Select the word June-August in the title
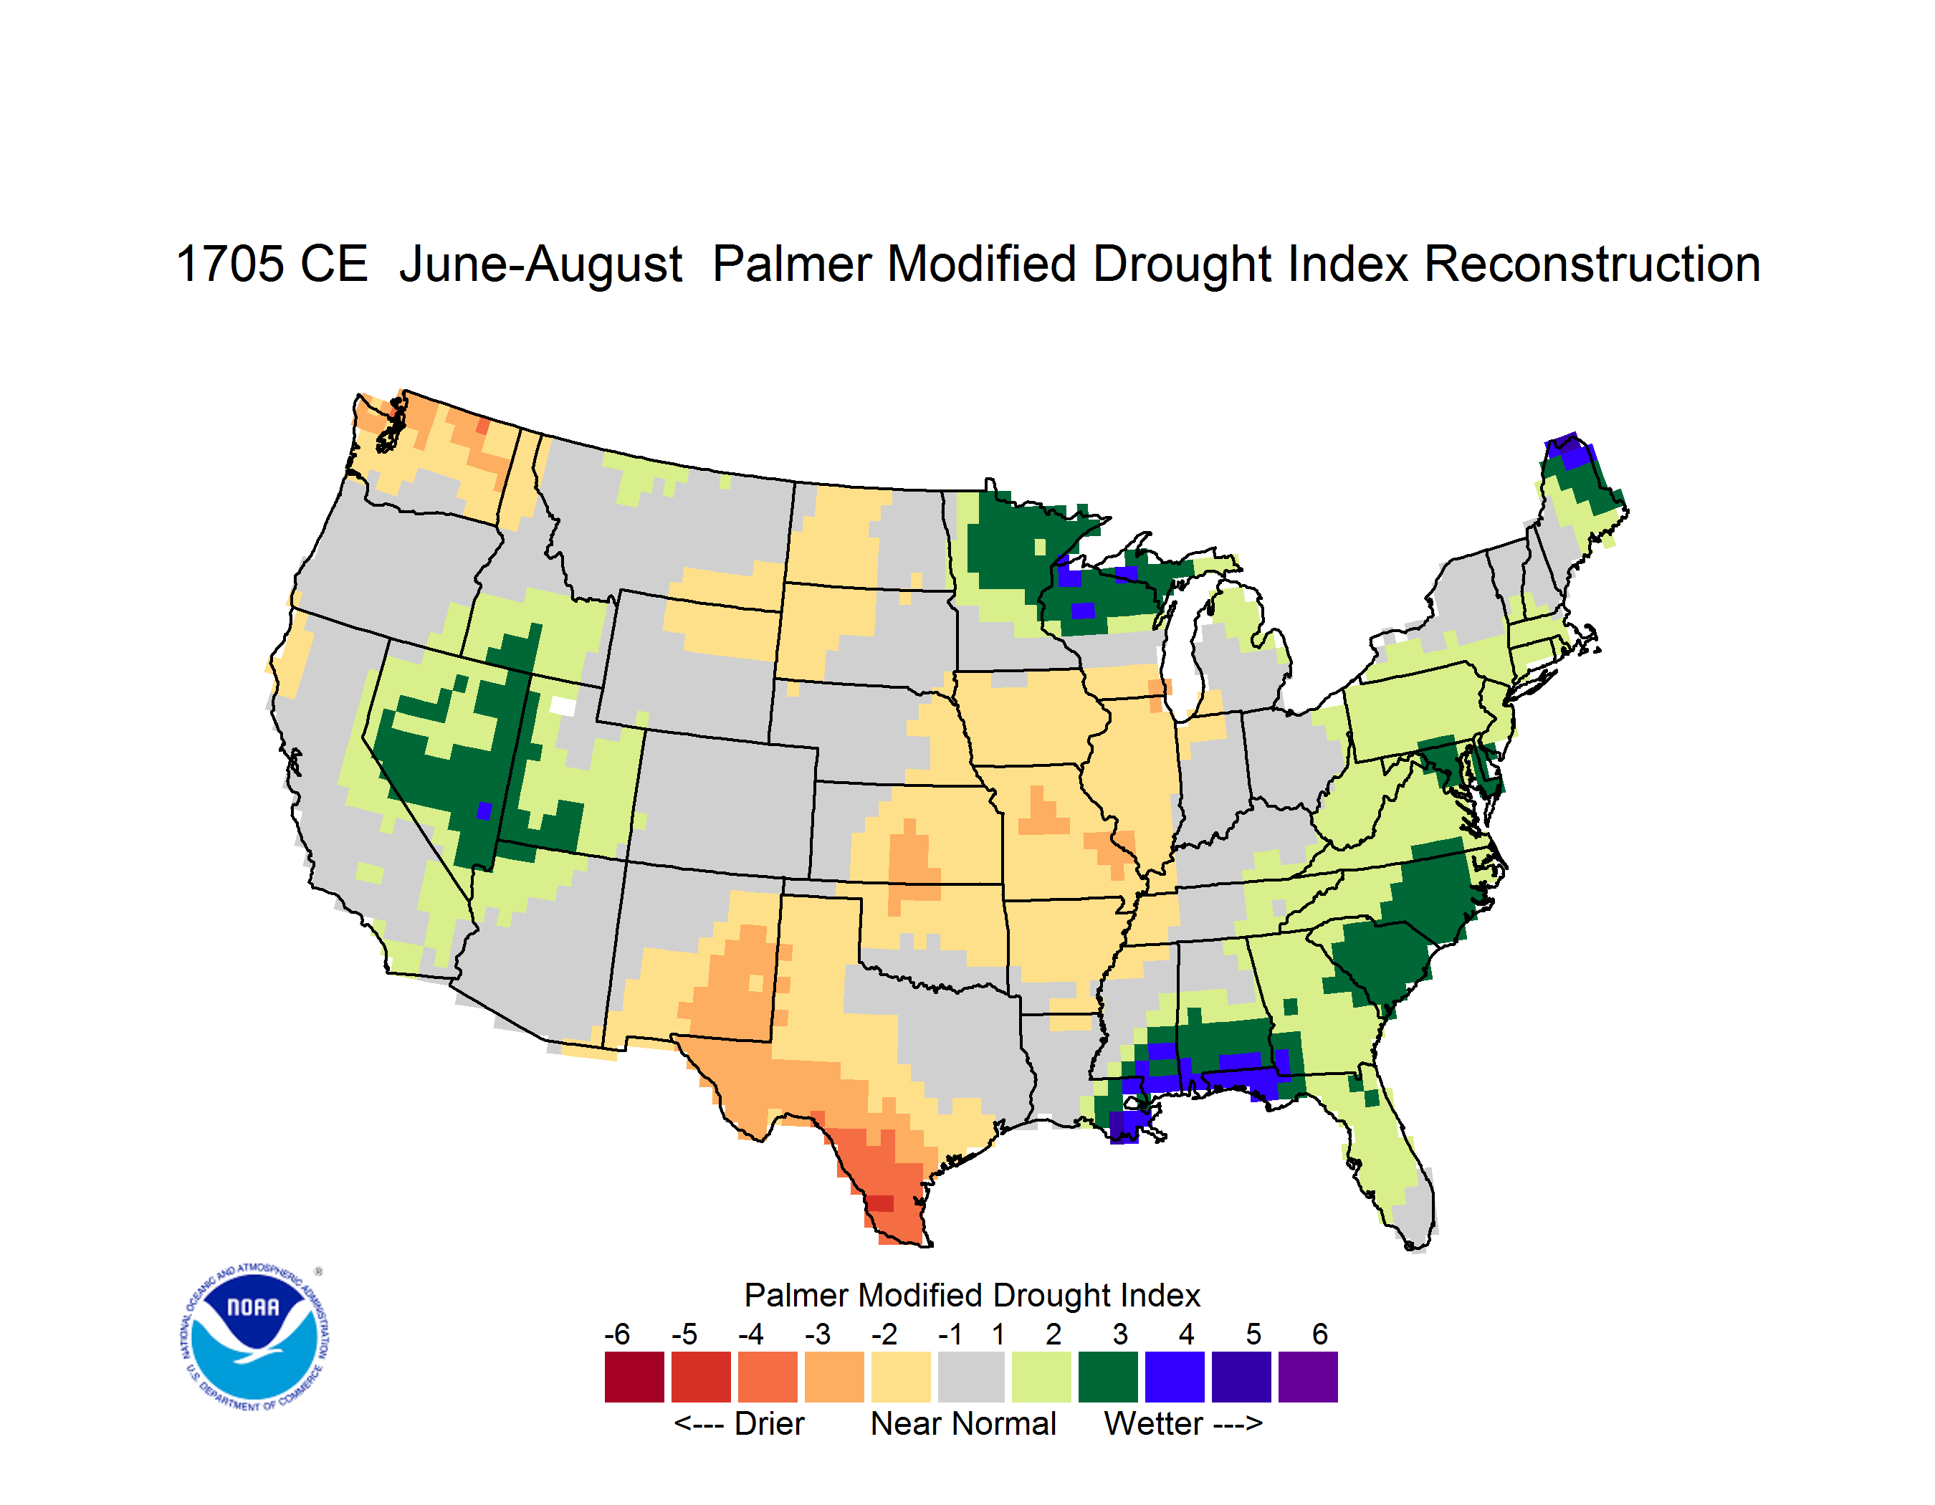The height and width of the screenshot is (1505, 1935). [x=540, y=266]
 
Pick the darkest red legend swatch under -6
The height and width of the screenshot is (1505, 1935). [x=634, y=1377]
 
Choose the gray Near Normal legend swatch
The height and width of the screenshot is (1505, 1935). [x=971, y=1377]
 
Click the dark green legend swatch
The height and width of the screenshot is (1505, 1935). [x=1107, y=1377]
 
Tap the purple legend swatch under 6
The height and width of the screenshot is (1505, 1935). [x=1308, y=1377]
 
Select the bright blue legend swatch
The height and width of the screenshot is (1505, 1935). [x=1175, y=1377]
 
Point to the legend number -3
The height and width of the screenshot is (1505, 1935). [x=818, y=1334]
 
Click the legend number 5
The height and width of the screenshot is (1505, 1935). [x=1253, y=1334]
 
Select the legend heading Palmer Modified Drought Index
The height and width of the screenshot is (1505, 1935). [x=972, y=1295]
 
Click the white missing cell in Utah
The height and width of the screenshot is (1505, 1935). [x=563, y=706]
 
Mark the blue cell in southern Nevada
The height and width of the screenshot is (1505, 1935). [x=484, y=811]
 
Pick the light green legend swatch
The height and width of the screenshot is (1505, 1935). [x=1041, y=1377]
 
